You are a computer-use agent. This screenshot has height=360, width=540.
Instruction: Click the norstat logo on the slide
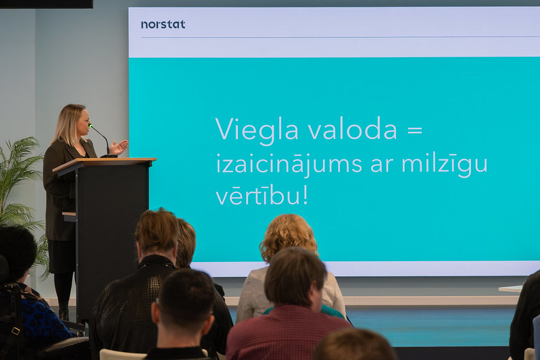[x=163, y=24]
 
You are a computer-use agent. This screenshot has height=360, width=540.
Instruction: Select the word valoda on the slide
[x=353, y=128]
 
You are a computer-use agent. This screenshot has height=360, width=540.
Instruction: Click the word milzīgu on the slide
[x=445, y=164]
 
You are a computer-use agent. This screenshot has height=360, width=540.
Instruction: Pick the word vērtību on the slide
[x=257, y=196]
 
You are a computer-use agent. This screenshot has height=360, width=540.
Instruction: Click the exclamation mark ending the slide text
[x=305, y=195]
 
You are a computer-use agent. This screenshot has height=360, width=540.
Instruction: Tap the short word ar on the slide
[x=382, y=166]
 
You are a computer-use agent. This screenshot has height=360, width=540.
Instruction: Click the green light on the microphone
[x=91, y=126]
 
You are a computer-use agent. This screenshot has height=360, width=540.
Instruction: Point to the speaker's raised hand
[x=118, y=147]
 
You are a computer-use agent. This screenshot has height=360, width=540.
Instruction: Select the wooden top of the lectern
[x=104, y=161]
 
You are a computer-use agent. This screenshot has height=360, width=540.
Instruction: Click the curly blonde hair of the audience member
[x=289, y=236]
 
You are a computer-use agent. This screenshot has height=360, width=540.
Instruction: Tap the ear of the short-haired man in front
[x=207, y=324]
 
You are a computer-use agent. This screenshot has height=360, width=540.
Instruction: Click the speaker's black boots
[x=64, y=313]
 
